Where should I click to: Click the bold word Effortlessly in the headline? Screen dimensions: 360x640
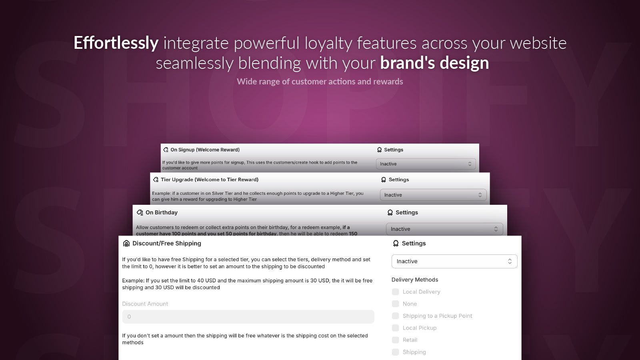[x=116, y=43]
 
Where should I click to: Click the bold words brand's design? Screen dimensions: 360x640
[x=434, y=63]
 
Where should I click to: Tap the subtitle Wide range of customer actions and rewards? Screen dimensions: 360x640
[x=320, y=82]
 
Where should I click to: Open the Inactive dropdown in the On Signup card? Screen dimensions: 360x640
[x=426, y=164]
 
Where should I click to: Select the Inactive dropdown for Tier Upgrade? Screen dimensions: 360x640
[x=433, y=195]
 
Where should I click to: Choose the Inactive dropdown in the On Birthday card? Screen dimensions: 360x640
[x=444, y=229]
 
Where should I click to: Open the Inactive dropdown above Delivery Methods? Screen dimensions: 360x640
[x=454, y=261]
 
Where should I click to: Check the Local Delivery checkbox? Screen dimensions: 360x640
[x=396, y=292]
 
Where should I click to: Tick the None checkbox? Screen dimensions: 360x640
[x=396, y=304]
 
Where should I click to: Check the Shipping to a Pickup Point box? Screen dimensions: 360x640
[x=396, y=316]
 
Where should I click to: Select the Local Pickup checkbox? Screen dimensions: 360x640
[x=396, y=328]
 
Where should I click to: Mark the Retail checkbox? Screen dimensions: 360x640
[x=396, y=340]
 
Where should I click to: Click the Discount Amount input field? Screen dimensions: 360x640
[x=248, y=317]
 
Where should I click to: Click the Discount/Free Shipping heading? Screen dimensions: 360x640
[x=167, y=244]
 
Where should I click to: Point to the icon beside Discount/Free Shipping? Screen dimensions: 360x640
[x=126, y=244]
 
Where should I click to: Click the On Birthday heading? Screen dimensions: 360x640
[x=162, y=213]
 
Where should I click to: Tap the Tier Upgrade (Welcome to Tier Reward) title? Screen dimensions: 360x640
[x=210, y=180]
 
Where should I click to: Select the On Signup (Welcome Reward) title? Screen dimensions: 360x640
[x=205, y=150]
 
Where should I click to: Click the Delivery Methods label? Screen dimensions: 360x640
[x=415, y=280]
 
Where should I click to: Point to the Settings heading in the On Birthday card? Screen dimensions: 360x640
[x=406, y=213]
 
